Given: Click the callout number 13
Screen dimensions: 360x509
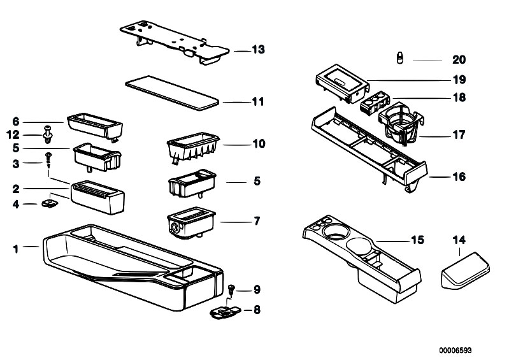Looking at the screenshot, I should (x=258, y=50).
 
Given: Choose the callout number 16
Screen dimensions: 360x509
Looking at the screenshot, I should (x=458, y=176).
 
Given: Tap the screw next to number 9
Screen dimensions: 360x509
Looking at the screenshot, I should (x=231, y=289).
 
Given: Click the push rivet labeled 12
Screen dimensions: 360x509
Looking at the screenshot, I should (x=48, y=134).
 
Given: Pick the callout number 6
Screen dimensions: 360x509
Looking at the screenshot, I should (x=17, y=121).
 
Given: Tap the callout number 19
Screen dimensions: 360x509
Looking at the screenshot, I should (x=458, y=80).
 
